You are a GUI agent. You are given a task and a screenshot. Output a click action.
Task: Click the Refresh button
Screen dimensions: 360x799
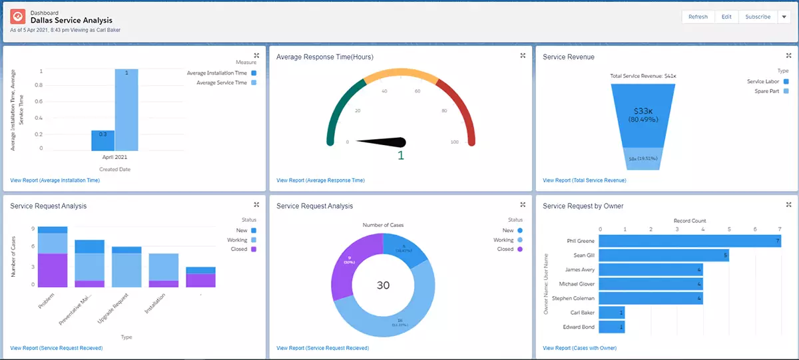(698, 17)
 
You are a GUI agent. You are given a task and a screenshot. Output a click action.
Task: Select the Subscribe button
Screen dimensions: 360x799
(758, 17)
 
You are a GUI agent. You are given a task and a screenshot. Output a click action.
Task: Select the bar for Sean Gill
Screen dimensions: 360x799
(665, 255)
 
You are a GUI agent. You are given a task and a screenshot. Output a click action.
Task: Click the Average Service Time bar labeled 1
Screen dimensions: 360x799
(127, 110)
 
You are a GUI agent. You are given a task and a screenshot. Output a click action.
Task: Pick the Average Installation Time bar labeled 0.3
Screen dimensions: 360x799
(103, 140)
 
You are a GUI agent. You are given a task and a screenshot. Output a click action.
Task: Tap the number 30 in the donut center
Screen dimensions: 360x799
(383, 285)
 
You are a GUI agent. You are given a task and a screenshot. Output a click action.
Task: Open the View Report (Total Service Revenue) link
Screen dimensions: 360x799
(584, 180)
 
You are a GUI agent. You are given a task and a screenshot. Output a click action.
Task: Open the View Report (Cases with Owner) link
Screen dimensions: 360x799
(579, 348)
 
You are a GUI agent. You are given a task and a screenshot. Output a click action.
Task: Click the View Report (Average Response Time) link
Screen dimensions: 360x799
(320, 180)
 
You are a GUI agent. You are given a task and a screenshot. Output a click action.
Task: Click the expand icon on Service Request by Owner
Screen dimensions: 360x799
(789, 205)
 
